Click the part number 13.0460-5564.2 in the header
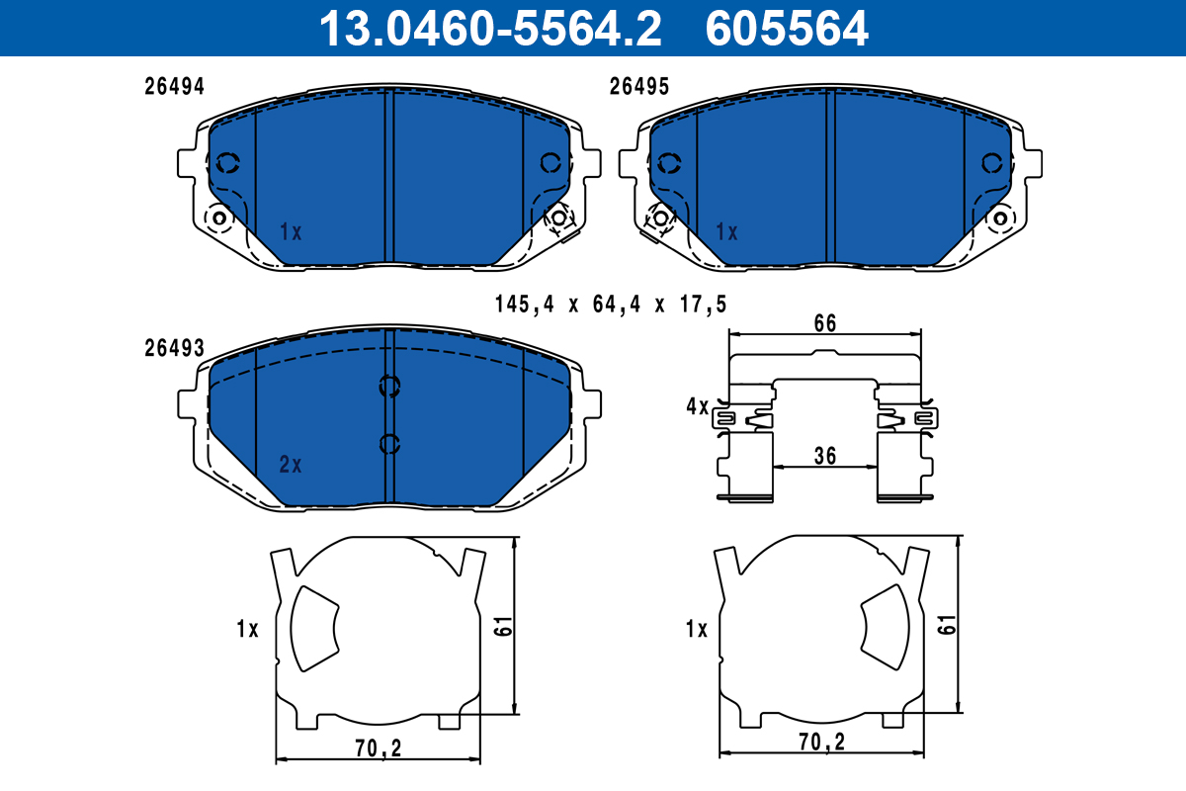tap(488, 28)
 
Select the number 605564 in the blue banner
tap(787, 28)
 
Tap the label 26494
tap(174, 86)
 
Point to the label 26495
tap(639, 86)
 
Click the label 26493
tap(174, 348)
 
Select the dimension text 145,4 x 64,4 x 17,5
tap(611, 305)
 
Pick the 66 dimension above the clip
tap(825, 323)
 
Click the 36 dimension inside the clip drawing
tap(825, 455)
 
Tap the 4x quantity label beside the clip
tap(697, 406)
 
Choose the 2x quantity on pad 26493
tap(290, 465)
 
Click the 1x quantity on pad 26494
tap(290, 232)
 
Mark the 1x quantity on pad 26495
tap(726, 232)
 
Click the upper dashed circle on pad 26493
tap(389, 387)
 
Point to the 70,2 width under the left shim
tap(377, 749)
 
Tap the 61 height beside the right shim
tap(948, 624)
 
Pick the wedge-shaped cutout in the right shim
tap(883, 625)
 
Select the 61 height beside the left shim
tap(503, 624)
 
